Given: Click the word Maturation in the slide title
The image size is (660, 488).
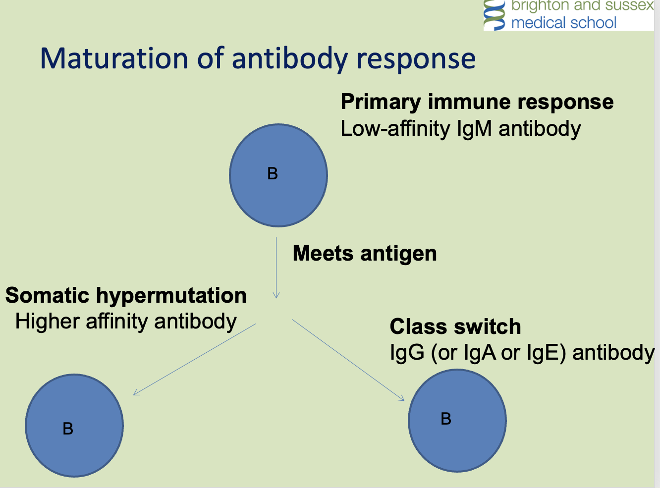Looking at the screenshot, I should tap(114, 58).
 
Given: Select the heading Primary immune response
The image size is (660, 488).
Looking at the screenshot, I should tap(477, 102).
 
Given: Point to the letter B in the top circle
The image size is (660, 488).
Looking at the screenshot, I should tap(273, 174).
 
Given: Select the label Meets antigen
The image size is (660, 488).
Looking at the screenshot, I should tap(365, 254).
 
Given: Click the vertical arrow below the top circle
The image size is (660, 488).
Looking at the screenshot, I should tap(276, 268).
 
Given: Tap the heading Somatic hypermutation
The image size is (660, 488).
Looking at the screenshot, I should tap(126, 296).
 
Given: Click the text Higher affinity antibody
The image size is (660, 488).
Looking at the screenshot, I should tap(126, 322).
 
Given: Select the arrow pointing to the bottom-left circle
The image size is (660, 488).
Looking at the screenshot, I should tap(195, 359).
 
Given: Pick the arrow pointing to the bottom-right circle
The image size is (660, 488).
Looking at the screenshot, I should tap(348, 360).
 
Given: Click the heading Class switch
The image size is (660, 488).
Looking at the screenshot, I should tap(455, 327).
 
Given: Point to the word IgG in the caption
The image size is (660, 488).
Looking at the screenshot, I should tap(407, 353).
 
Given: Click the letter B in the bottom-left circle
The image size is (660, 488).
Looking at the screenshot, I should tap(68, 429).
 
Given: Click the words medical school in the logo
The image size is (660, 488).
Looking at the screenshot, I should tap(563, 23).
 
